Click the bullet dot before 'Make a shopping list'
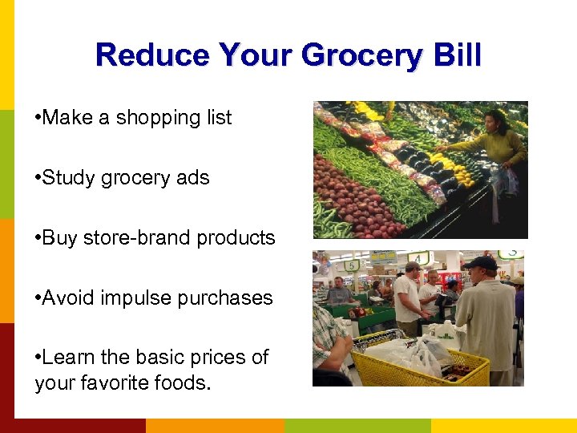(38, 118)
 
